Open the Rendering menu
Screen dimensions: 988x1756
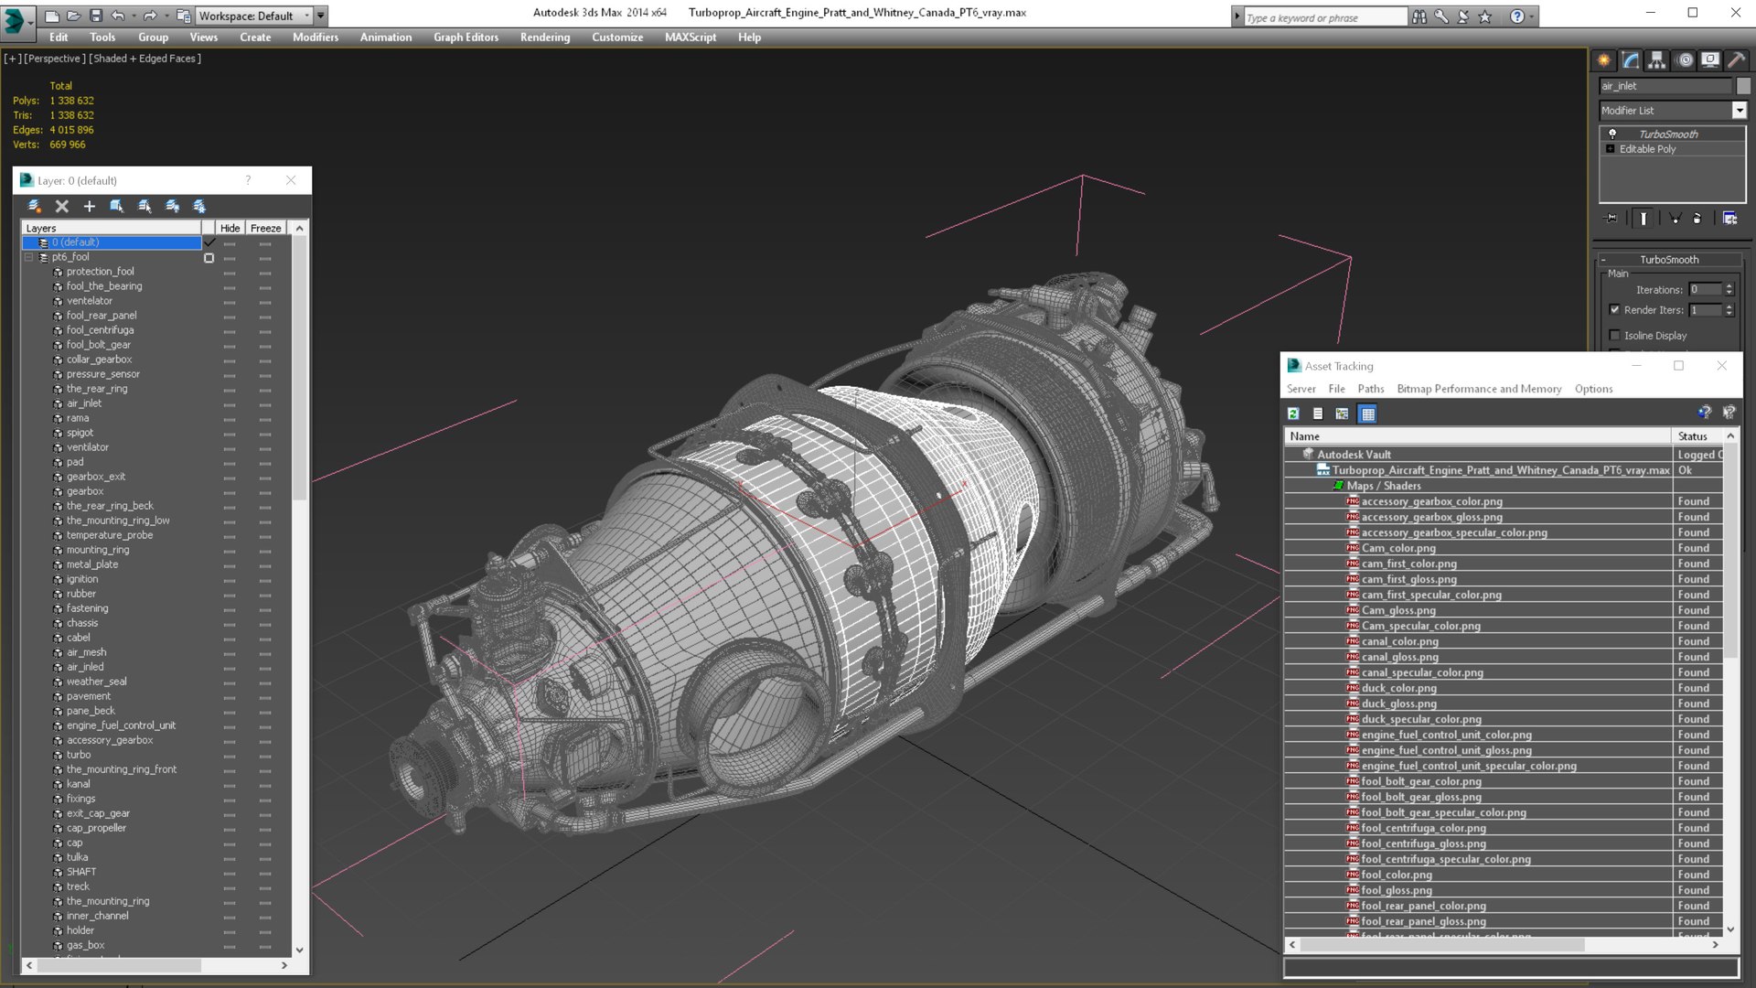pos(544,38)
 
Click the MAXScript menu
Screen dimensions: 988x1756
pos(690,38)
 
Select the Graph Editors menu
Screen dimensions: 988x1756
pos(466,38)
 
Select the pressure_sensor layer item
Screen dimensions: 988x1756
pos(102,374)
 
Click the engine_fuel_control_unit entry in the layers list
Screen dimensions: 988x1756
pos(121,725)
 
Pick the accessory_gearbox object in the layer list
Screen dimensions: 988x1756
pos(109,740)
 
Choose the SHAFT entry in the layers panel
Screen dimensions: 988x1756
pos(80,872)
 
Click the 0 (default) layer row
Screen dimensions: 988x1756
pos(110,242)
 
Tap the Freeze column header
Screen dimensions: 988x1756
pos(265,228)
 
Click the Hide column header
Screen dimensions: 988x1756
pos(230,228)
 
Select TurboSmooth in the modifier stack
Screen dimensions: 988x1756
pos(1667,134)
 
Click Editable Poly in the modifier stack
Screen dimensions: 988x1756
pos(1647,149)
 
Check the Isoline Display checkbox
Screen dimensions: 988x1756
pos(1614,336)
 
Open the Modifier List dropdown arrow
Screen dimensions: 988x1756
pos(1739,111)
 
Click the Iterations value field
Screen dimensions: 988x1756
pos(1704,290)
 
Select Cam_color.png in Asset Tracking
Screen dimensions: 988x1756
pos(1397,548)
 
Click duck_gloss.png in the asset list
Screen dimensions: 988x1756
pos(1398,703)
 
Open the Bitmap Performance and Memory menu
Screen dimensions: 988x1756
pos(1478,389)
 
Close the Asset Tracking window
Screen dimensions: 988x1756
pos(1721,366)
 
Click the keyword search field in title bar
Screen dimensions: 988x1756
pos(1323,17)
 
